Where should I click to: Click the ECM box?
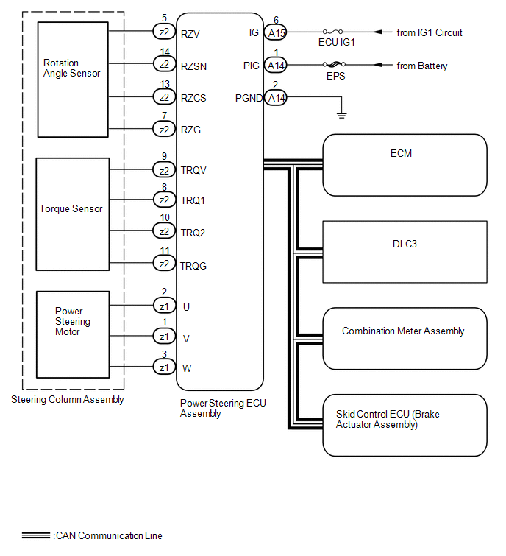[405, 165]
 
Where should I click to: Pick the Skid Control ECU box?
[405, 425]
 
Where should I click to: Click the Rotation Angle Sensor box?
[73, 80]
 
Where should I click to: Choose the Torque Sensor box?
[73, 213]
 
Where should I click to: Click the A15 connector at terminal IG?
[276, 33]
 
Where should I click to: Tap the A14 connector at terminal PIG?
[276, 66]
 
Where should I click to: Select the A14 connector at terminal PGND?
[276, 97]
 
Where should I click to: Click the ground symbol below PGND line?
[340, 114]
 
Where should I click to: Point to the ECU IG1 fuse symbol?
[337, 32]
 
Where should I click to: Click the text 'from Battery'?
[422, 66]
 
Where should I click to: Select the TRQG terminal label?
[193, 266]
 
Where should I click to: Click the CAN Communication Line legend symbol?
[36, 535]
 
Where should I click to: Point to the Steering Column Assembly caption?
[68, 400]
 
